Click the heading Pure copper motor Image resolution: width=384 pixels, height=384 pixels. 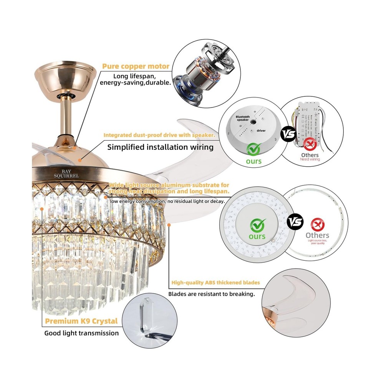point(136,66)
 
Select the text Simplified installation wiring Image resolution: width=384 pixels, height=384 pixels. point(160,147)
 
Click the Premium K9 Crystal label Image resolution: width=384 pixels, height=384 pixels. point(81,321)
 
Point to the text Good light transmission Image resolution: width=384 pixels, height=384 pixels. point(81,333)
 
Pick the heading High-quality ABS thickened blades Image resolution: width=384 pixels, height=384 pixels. point(215,283)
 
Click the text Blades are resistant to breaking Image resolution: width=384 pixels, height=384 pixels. point(212,294)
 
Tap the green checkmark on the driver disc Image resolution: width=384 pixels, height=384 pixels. point(254,148)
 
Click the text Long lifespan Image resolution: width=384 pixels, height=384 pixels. point(134,76)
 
